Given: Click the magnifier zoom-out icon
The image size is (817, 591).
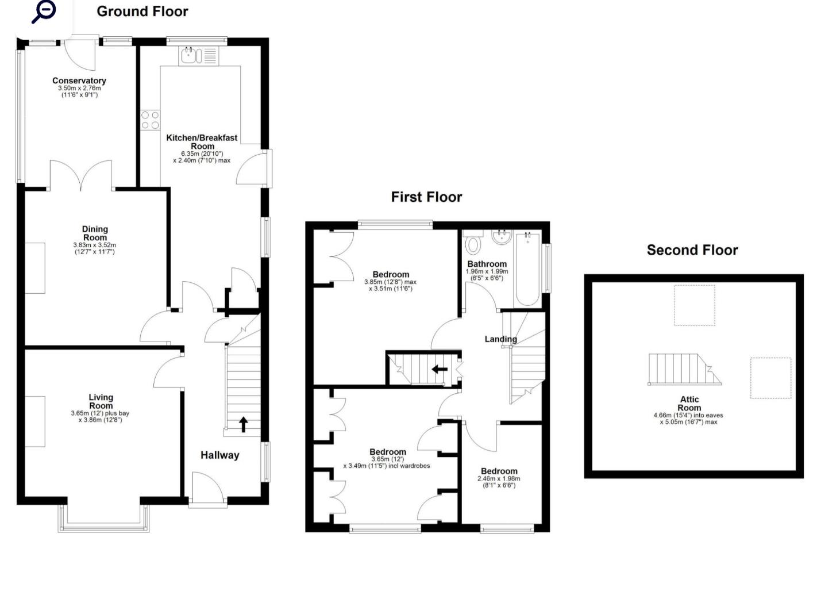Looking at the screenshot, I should pyautogui.click(x=44, y=11).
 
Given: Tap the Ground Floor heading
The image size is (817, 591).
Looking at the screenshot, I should pyautogui.click(x=142, y=11).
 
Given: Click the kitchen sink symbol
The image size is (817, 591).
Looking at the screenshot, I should pyautogui.click(x=191, y=56).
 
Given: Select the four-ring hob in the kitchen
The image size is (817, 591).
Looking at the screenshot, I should pyautogui.click(x=151, y=120).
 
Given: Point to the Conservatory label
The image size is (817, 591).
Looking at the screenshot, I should pyautogui.click(x=79, y=81).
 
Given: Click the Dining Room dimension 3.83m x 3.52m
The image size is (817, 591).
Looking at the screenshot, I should pyautogui.click(x=94, y=245).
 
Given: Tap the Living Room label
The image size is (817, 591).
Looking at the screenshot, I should pyautogui.click(x=101, y=401).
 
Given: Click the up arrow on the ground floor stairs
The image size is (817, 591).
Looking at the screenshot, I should pyautogui.click(x=243, y=424).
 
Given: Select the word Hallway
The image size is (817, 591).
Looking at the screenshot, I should pyautogui.click(x=219, y=455).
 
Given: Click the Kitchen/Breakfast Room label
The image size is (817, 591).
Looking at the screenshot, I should pyautogui.click(x=202, y=141).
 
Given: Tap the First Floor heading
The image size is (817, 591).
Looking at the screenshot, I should pyautogui.click(x=426, y=197).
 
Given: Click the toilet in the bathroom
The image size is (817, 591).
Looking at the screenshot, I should pyautogui.click(x=473, y=244).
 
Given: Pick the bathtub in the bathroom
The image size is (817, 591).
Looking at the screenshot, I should pyautogui.click(x=527, y=268).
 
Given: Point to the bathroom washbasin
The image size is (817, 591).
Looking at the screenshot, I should pyautogui.click(x=502, y=237).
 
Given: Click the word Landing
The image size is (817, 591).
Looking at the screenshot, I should pyautogui.click(x=500, y=339).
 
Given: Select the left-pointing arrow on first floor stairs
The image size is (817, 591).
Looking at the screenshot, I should pyautogui.click(x=440, y=369).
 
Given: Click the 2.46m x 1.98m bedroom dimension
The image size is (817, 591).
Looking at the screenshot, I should pyautogui.click(x=499, y=478).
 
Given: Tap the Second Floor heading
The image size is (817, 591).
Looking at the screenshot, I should pyautogui.click(x=692, y=250).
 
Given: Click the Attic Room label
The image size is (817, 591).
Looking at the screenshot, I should pyautogui.click(x=689, y=404).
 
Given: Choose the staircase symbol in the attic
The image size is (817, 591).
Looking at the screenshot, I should pyautogui.click(x=683, y=370).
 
